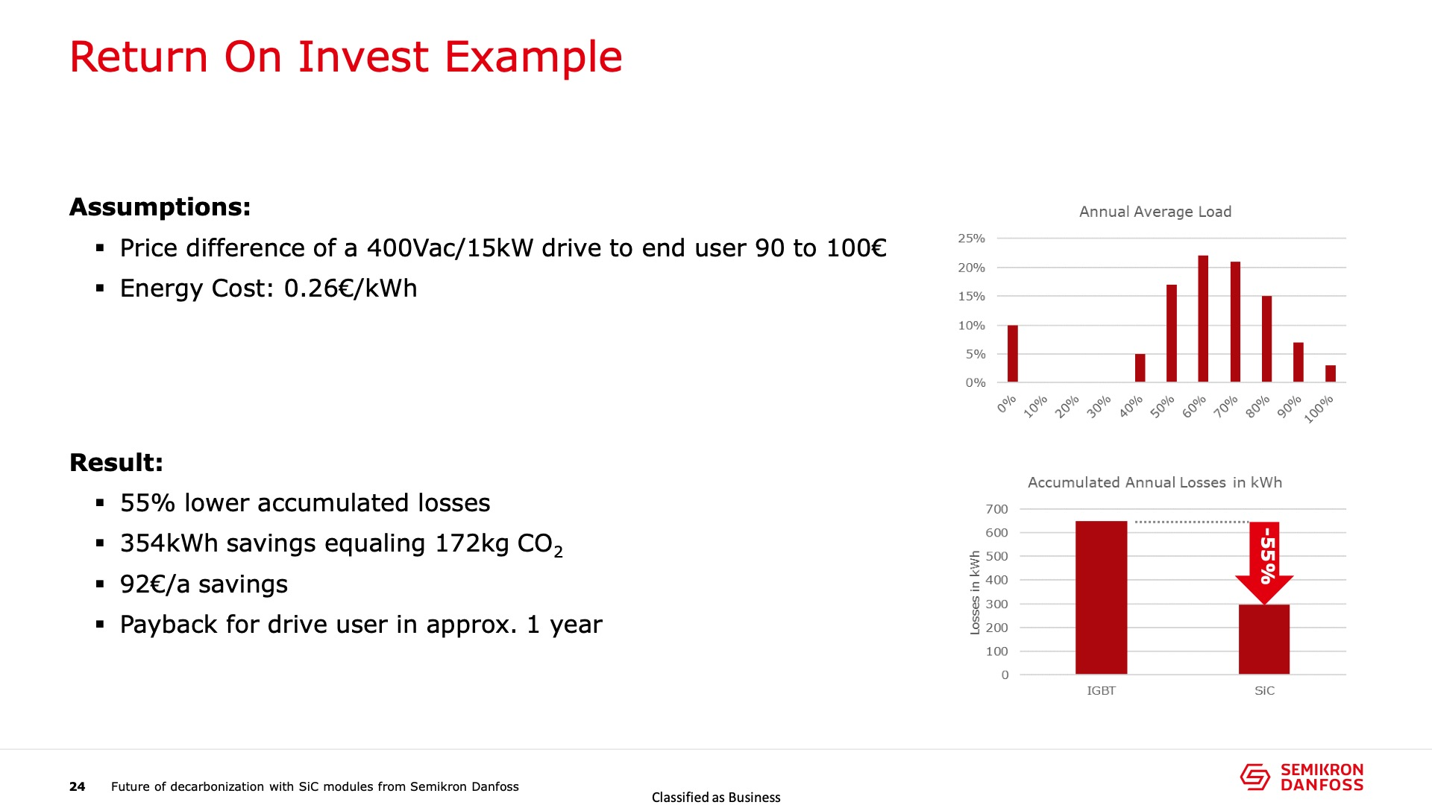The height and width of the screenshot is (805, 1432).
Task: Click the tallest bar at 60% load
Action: (1203, 319)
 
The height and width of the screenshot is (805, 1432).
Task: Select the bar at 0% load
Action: (1012, 354)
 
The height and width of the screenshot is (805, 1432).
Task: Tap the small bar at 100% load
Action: (1331, 374)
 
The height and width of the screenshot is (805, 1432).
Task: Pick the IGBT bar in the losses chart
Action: (1101, 598)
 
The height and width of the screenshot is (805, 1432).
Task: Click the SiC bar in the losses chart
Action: (1264, 640)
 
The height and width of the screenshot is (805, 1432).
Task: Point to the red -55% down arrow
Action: (1264, 563)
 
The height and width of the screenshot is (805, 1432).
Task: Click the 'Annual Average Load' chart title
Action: (1155, 212)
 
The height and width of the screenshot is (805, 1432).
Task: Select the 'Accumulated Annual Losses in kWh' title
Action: (1155, 482)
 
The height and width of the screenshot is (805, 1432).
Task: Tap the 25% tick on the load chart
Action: (972, 239)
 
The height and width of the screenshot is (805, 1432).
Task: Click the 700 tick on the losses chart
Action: (996, 509)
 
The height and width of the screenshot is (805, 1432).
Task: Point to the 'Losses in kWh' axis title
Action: (975, 593)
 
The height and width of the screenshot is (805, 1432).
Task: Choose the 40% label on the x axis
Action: (1131, 406)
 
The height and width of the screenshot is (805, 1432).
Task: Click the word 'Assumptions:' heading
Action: (160, 206)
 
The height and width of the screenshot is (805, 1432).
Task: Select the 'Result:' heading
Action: (116, 462)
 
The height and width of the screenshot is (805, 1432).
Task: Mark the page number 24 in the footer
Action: (78, 786)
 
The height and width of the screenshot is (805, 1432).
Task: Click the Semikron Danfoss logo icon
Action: (1255, 777)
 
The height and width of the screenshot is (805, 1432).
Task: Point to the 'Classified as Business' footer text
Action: (716, 798)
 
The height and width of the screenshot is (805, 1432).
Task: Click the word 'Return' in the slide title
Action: (139, 57)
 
